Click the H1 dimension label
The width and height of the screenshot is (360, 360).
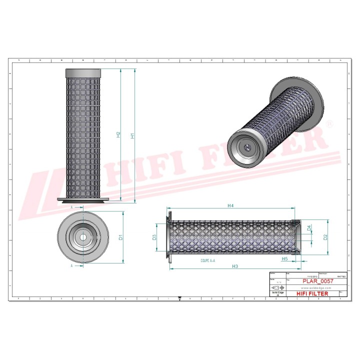point(132,135)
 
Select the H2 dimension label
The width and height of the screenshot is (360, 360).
point(118,134)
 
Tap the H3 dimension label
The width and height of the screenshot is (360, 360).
point(234,266)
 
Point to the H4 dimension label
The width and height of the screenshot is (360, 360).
point(230,205)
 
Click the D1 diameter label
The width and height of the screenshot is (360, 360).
point(121,237)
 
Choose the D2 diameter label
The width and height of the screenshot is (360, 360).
point(325,236)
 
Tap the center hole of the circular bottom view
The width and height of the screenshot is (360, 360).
point(83,236)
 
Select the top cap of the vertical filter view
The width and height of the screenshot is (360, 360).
point(83,73)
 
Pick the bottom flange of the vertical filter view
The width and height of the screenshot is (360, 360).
point(83,201)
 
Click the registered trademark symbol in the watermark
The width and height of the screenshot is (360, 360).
point(328,123)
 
